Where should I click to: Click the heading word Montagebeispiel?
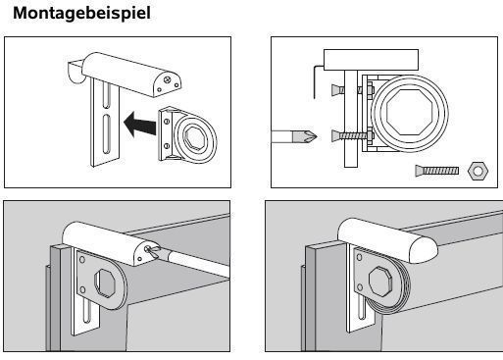[x=81, y=13]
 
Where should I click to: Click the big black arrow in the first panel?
[x=140, y=125]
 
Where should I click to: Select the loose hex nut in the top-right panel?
[x=478, y=171]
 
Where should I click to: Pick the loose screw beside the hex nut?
[x=437, y=171]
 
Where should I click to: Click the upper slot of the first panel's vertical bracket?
[x=106, y=95]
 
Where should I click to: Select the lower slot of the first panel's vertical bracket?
[x=107, y=133]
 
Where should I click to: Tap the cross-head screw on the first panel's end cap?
[x=169, y=78]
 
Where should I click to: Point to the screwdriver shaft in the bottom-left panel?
[x=197, y=263]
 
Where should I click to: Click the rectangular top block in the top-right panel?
[x=371, y=60]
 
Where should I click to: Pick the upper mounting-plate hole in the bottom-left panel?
[x=82, y=260]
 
